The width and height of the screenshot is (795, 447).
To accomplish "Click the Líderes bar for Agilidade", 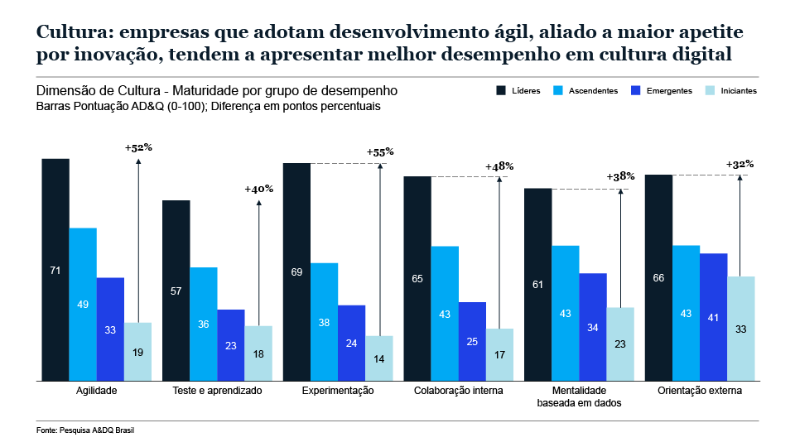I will coord(55,269).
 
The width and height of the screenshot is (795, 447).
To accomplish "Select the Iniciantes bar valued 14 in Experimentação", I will coord(379,358).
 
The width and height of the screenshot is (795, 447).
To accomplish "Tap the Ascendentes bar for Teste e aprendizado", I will coord(204,324).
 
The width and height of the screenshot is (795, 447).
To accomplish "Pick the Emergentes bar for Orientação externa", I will coord(714,317).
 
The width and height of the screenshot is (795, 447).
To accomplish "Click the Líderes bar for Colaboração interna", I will coord(417,278).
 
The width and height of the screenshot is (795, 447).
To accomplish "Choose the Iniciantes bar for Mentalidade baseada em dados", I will coord(620,344).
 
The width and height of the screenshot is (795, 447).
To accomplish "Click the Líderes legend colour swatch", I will coord(501,90).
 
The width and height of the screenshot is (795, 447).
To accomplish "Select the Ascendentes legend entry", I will coord(585,90).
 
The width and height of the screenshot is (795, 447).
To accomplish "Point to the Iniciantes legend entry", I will coord(730,90).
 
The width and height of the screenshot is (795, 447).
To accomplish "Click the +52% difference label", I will coord(138,147).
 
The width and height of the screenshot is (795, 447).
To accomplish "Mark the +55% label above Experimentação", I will coord(379,152).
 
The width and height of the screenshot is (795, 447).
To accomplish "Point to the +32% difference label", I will coord(740,164).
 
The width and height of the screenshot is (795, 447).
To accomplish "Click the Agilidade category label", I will coord(96,391).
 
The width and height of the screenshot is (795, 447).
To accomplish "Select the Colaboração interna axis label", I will coord(458,391).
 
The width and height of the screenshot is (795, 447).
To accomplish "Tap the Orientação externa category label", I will coord(699,391).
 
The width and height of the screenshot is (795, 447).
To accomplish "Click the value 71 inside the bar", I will coord(55,270).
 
